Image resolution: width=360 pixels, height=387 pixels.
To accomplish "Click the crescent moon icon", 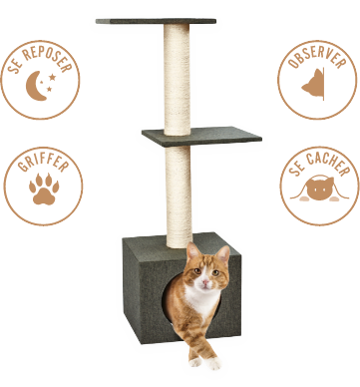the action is [x=34, y=86].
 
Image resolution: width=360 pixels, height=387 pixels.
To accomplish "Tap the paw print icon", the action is [x=44, y=189].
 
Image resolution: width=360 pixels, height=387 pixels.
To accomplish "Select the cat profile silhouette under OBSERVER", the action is [x=313, y=84].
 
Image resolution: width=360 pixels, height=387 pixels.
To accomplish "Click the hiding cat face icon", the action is [x=319, y=189].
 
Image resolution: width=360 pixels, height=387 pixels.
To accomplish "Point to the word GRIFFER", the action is [x=43, y=163].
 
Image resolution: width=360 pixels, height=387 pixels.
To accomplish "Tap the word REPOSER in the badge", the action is [x=48, y=57].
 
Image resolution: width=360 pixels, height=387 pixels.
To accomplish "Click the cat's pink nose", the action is [x=206, y=282].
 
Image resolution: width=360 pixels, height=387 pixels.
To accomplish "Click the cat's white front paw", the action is [x=212, y=363].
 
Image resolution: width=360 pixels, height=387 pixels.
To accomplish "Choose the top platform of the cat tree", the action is [x=156, y=21].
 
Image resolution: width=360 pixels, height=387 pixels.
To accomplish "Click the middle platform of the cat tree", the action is [x=201, y=137].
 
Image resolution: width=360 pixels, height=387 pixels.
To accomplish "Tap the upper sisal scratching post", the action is [x=177, y=80].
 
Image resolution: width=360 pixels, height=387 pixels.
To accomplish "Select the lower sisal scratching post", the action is [x=179, y=196].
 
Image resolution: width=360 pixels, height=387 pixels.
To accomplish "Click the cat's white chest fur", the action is [x=201, y=301].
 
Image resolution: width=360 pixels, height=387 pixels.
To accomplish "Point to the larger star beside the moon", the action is [x=52, y=77].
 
